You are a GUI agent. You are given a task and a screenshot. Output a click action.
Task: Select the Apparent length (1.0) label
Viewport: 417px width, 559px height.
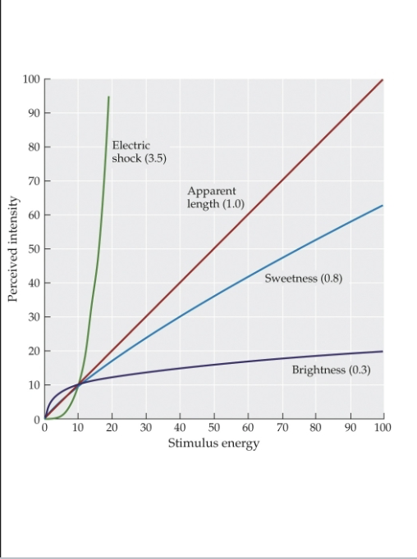216,198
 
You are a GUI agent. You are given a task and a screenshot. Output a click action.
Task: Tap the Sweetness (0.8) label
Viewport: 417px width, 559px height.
303,279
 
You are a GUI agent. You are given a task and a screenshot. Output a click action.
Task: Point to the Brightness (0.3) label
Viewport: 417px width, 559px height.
331,370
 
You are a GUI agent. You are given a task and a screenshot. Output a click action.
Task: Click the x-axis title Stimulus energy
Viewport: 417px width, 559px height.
213,444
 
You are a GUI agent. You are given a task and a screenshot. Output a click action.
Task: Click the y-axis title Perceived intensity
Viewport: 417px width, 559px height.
13,249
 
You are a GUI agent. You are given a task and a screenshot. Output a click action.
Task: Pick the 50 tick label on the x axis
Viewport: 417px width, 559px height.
214,429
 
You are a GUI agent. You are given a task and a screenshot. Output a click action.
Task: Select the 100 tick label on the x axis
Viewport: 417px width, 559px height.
383,429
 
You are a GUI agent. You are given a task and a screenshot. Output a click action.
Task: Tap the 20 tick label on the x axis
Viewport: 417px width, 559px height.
112,429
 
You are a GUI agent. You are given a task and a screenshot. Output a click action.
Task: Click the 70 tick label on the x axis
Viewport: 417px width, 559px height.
282,429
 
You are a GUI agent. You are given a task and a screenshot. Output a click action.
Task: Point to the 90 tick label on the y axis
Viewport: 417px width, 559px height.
34,113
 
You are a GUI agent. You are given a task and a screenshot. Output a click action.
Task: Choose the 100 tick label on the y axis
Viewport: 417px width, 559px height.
31,79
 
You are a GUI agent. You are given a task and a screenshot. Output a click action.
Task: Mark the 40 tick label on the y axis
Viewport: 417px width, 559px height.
34,283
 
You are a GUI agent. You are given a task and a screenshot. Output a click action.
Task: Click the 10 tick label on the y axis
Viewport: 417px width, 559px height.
34,385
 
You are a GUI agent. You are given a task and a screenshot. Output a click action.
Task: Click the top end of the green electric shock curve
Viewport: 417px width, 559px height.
108,97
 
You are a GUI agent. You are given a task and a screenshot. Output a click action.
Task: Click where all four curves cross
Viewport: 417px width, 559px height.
79,384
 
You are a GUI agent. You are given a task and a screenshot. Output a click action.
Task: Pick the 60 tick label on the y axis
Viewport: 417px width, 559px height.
34,215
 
